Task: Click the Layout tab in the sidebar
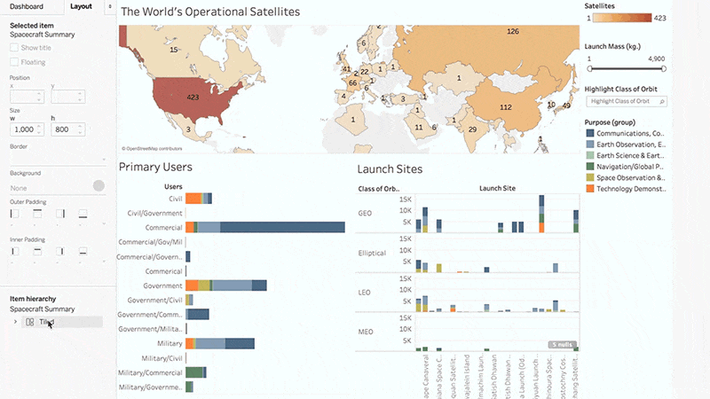point(81,6)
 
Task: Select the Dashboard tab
point(27,6)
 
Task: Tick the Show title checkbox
point(14,47)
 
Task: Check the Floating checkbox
point(14,62)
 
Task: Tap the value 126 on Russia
point(512,32)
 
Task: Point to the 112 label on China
point(506,107)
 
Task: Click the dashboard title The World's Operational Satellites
point(210,12)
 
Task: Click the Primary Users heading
point(155,167)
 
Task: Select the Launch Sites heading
point(390,168)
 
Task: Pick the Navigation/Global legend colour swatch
point(591,166)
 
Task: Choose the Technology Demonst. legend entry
point(631,188)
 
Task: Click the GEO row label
point(365,214)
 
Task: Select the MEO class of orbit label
point(365,332)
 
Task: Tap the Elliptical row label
point(372,253)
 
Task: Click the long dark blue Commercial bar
point(282,228)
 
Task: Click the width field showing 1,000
point(24,130)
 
